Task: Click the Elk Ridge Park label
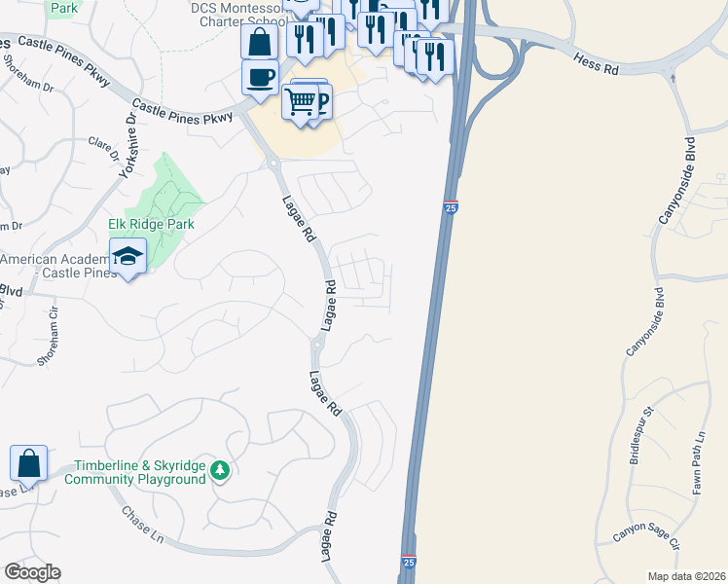click(x=151, y=224)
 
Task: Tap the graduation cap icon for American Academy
click(x=127, y=257)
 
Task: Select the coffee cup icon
click(x=260, y=77)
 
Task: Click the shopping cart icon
click(x=301, y=100)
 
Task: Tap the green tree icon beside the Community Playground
click(x=221, y=471)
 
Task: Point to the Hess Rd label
click(x=596, y=64)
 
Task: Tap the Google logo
click(x=33, y=572)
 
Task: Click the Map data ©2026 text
click(x=687, y=576)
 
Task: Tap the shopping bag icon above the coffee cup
click(x=260, y=42)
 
